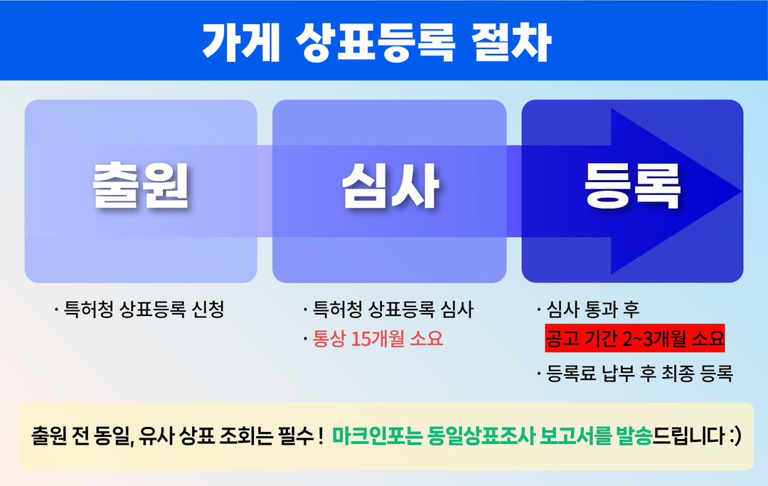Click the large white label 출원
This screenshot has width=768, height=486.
point(141,186)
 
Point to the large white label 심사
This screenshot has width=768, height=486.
point(390,186)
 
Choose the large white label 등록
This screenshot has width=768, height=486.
point(632,186)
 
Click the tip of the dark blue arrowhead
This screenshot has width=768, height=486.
point(740,191)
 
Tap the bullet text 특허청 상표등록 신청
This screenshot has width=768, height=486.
point(144,310)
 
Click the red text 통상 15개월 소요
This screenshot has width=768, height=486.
point(378,339)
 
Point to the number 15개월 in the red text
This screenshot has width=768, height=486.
point(379,339)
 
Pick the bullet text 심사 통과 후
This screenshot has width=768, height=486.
point(593,310)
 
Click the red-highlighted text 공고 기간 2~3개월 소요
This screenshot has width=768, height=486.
point(634,338)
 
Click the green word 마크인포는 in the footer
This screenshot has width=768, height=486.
point(378,435)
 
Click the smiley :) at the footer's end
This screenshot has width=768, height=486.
point(735,435)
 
